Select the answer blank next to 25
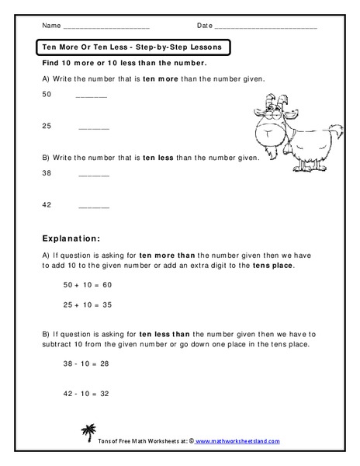94,127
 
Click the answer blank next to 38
94,176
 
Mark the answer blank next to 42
94,207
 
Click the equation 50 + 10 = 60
87,285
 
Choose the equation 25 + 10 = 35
87,305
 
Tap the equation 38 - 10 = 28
87,362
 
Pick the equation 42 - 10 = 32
87,394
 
